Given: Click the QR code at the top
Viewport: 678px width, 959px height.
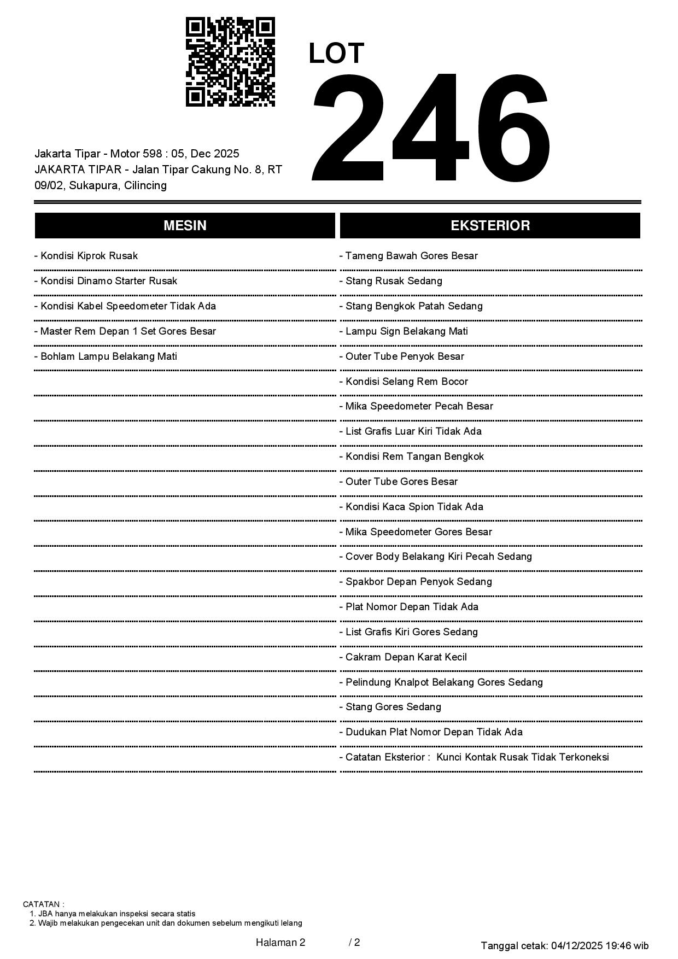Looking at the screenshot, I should pos(230,62).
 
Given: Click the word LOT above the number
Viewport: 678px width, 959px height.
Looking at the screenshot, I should pos(336,54).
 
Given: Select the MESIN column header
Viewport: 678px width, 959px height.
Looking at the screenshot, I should pos(185,226).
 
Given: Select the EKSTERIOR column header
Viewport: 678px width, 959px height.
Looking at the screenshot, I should pos(490,226).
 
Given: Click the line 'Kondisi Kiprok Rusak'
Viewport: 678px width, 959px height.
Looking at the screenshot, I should pos(86,256).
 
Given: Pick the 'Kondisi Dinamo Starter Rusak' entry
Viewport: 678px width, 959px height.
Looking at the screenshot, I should pos(106,281).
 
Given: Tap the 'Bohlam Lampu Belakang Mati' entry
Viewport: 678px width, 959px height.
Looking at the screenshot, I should pos(106,356).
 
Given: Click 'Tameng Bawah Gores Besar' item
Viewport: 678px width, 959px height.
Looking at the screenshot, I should pos(408,256).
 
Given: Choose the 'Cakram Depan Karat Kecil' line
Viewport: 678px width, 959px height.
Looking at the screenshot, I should pos(403,657).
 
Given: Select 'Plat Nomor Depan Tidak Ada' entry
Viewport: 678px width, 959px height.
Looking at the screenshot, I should pos(409,607).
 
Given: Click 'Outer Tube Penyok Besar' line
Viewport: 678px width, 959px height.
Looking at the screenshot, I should pos(402,356).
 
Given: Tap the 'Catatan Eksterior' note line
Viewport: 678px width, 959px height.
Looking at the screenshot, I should pos(474,757).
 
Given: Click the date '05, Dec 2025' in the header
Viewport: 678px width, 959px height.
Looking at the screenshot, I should pos(205,154).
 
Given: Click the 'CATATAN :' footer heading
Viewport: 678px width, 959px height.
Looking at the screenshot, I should pos(44,904).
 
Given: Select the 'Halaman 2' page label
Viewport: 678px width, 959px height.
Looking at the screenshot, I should pos(280,943).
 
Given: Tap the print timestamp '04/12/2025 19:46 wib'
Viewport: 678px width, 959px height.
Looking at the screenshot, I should pos(600,945).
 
